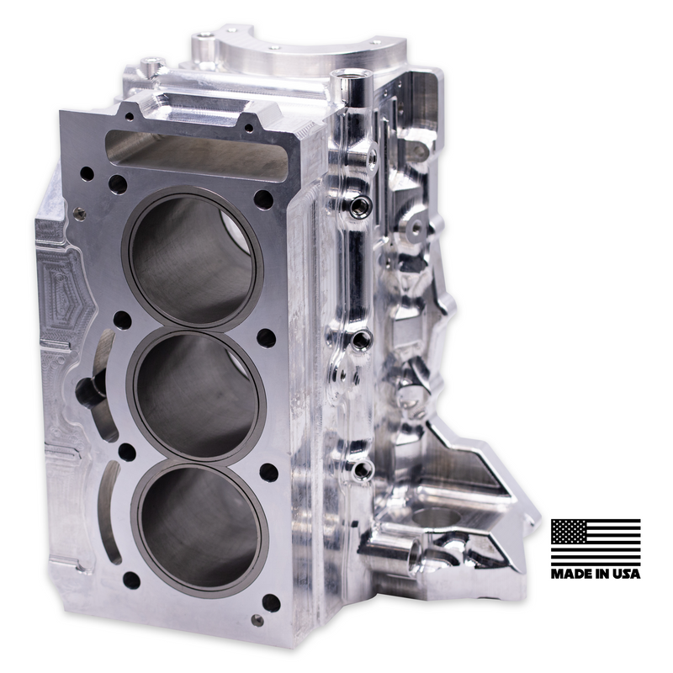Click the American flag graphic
tap(596, 541)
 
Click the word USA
tap(625, 574)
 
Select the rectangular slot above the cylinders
tap(198, 156)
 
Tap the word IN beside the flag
tap(599, 574)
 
